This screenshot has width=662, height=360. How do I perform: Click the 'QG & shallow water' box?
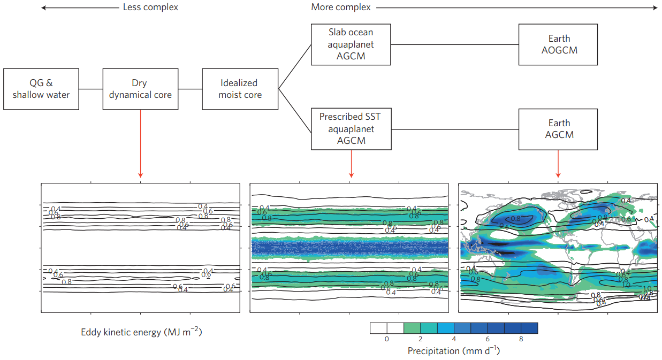click(41, 89)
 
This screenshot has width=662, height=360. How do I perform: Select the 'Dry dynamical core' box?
click(140, 89)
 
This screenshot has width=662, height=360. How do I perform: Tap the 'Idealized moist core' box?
click(240, 89)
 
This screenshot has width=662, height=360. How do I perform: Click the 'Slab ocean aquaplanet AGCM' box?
click(351, 44)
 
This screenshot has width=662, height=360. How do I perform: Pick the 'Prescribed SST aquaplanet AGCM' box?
click(351, 129)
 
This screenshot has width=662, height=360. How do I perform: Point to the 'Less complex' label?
click(150, 7)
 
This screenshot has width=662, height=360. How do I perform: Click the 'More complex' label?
click(341, 7)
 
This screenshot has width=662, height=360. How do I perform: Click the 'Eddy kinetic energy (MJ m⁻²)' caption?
click(141, 332)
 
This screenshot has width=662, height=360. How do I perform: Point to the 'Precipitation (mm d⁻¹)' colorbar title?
click(453, 351)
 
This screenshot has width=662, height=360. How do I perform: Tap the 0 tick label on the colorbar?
click(386, 339)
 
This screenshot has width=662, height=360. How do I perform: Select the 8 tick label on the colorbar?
click(521, 339)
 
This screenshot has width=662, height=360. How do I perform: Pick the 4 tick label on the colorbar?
click(453, 339)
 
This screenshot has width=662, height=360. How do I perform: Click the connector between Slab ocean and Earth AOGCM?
click(454, 44)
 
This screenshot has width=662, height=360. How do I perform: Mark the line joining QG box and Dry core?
click(90, 89)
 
